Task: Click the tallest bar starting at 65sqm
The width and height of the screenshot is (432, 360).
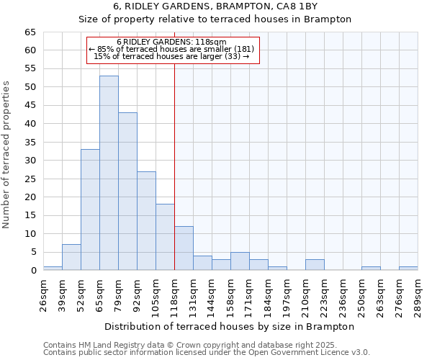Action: [x=109, y=173]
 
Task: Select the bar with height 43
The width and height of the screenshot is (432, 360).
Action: [x=127, y=192]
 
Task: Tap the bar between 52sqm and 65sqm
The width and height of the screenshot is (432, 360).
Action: [x=90, y=210]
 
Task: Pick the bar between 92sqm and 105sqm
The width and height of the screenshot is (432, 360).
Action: [x=146, y=220]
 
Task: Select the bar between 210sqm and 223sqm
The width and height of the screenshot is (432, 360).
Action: [x=315, y=265]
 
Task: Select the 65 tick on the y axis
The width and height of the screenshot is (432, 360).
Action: [x=30, y=32]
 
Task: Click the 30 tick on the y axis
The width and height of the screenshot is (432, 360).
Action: [x=30, y=161]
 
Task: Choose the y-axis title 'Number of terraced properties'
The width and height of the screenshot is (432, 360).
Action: [x=6, y=155]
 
